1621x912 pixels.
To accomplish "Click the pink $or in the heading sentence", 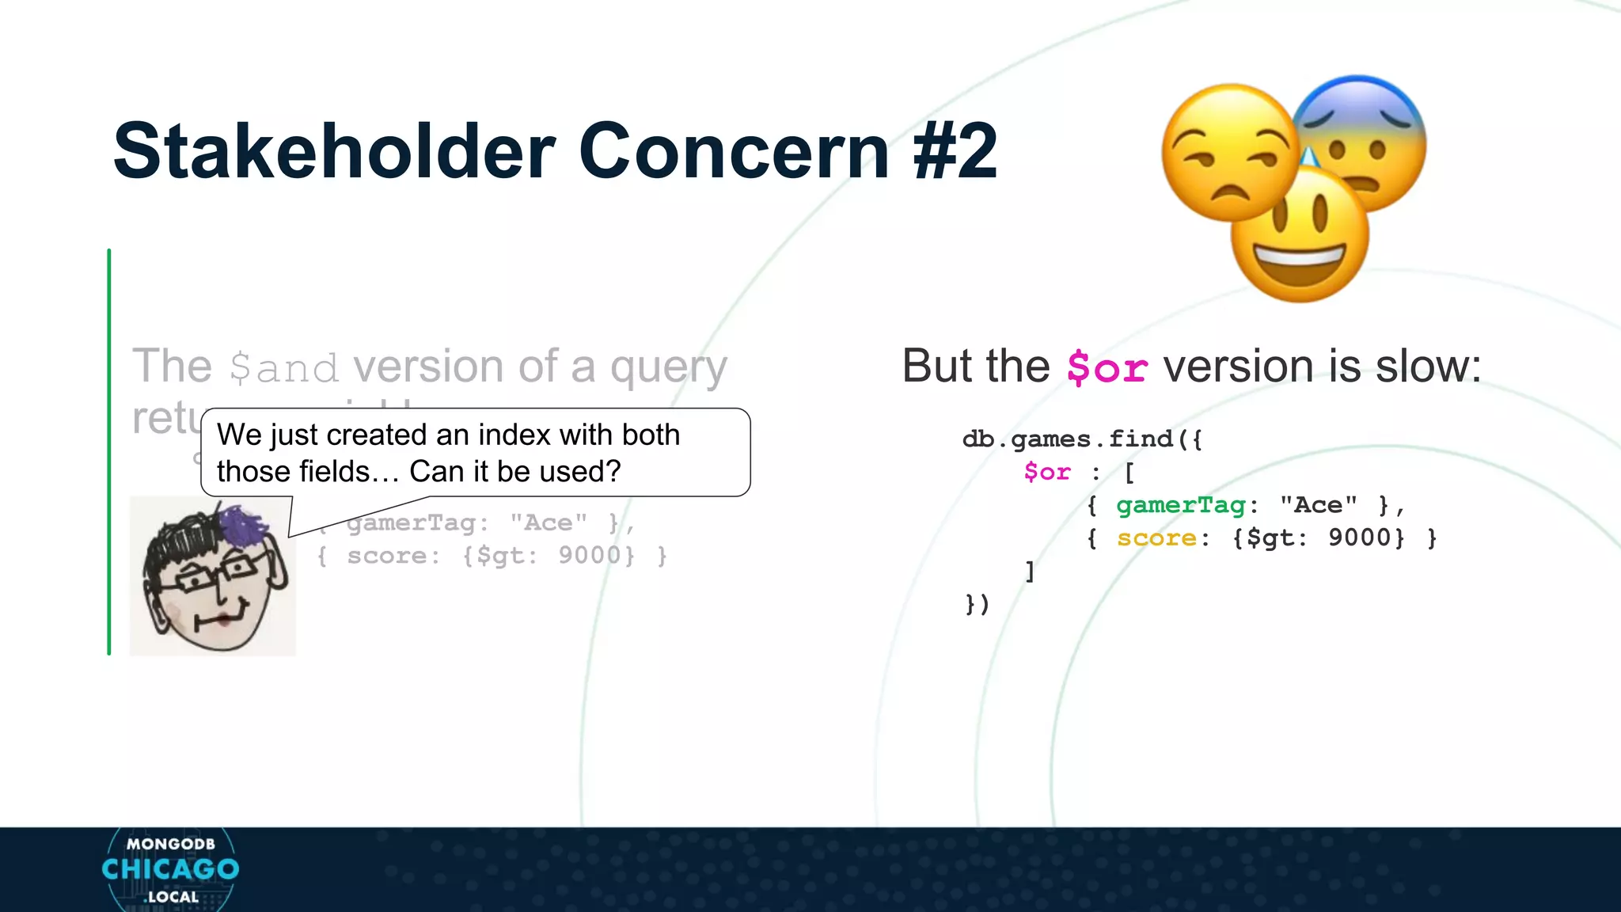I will pyautogui.click(x=1107, y=368).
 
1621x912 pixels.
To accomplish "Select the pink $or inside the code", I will pyautogui.click(x=1046, y=472).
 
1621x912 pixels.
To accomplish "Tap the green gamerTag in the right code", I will pyautogui.click(x=1180, y=505).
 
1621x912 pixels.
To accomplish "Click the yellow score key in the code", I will pyautogui.click(x=1156, y=538).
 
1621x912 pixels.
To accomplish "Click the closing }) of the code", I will pyautogui.click(x=978, y=604).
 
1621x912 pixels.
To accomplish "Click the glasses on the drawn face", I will pyautogui.click(x=214, y=574).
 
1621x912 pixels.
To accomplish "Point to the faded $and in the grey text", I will pyautogui.click(x=283, y=369).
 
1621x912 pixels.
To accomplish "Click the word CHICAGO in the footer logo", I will pyautogui.click(x=170, y=869).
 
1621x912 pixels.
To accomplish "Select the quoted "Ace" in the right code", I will pyautogui.click(x=1318, y=505).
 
